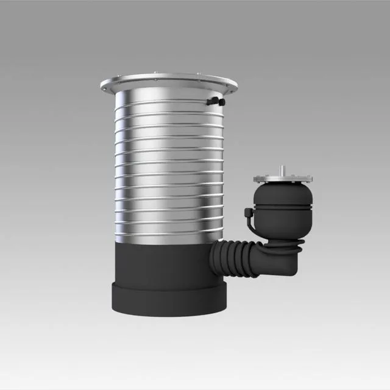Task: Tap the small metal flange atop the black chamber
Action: (283, 179)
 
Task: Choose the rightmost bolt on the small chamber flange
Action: (310, 179)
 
